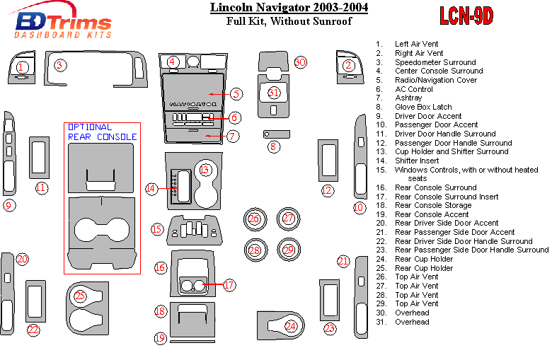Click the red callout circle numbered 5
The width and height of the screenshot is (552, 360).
point(236,93)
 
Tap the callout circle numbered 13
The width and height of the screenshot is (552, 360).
point(205,170)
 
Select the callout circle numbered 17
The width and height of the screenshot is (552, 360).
point(229,285)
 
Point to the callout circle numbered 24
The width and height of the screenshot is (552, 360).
point(290,326)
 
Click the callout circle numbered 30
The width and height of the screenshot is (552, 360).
point(300,63)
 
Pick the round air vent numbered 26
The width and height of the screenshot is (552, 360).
point(253,219)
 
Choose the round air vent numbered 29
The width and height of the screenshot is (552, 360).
point(288,250)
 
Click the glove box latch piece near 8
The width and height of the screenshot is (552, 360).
point(276,134)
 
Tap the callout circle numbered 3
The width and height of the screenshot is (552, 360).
point(60,65)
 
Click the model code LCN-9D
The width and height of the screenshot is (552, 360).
point(466,16)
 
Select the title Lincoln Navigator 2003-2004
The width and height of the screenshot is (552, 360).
point(288,8)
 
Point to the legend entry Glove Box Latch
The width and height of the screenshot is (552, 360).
point(423,107)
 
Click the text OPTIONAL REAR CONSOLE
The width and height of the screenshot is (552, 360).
point(102,132)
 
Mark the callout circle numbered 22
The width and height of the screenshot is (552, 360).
point(33,330)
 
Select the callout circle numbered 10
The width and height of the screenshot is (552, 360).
point(360,207)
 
